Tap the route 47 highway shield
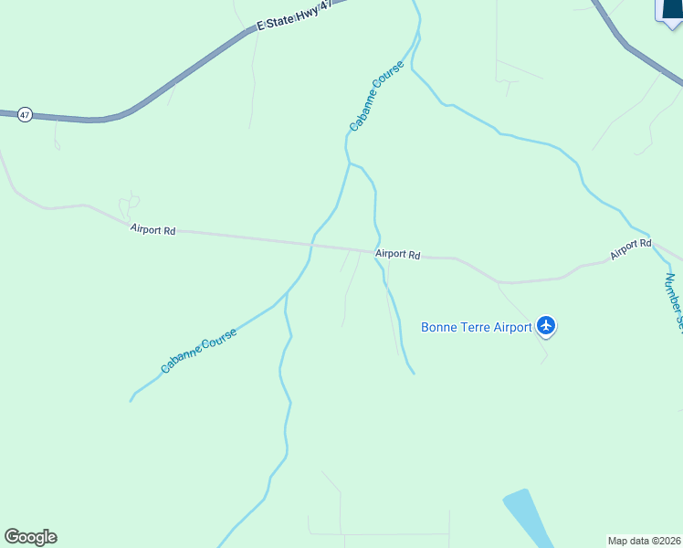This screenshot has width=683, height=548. tap(25, 115)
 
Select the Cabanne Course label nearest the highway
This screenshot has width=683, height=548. tap(375, 95)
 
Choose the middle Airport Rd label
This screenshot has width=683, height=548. tap(397, 255)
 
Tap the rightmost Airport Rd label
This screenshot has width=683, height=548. tap(631, 247)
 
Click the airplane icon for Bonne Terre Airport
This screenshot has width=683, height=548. tap(546, 324)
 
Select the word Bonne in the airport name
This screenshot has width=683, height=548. tap(442, 327)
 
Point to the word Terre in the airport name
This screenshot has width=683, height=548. tap(479, 327)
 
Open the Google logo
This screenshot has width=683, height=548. tap(30, 537)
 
